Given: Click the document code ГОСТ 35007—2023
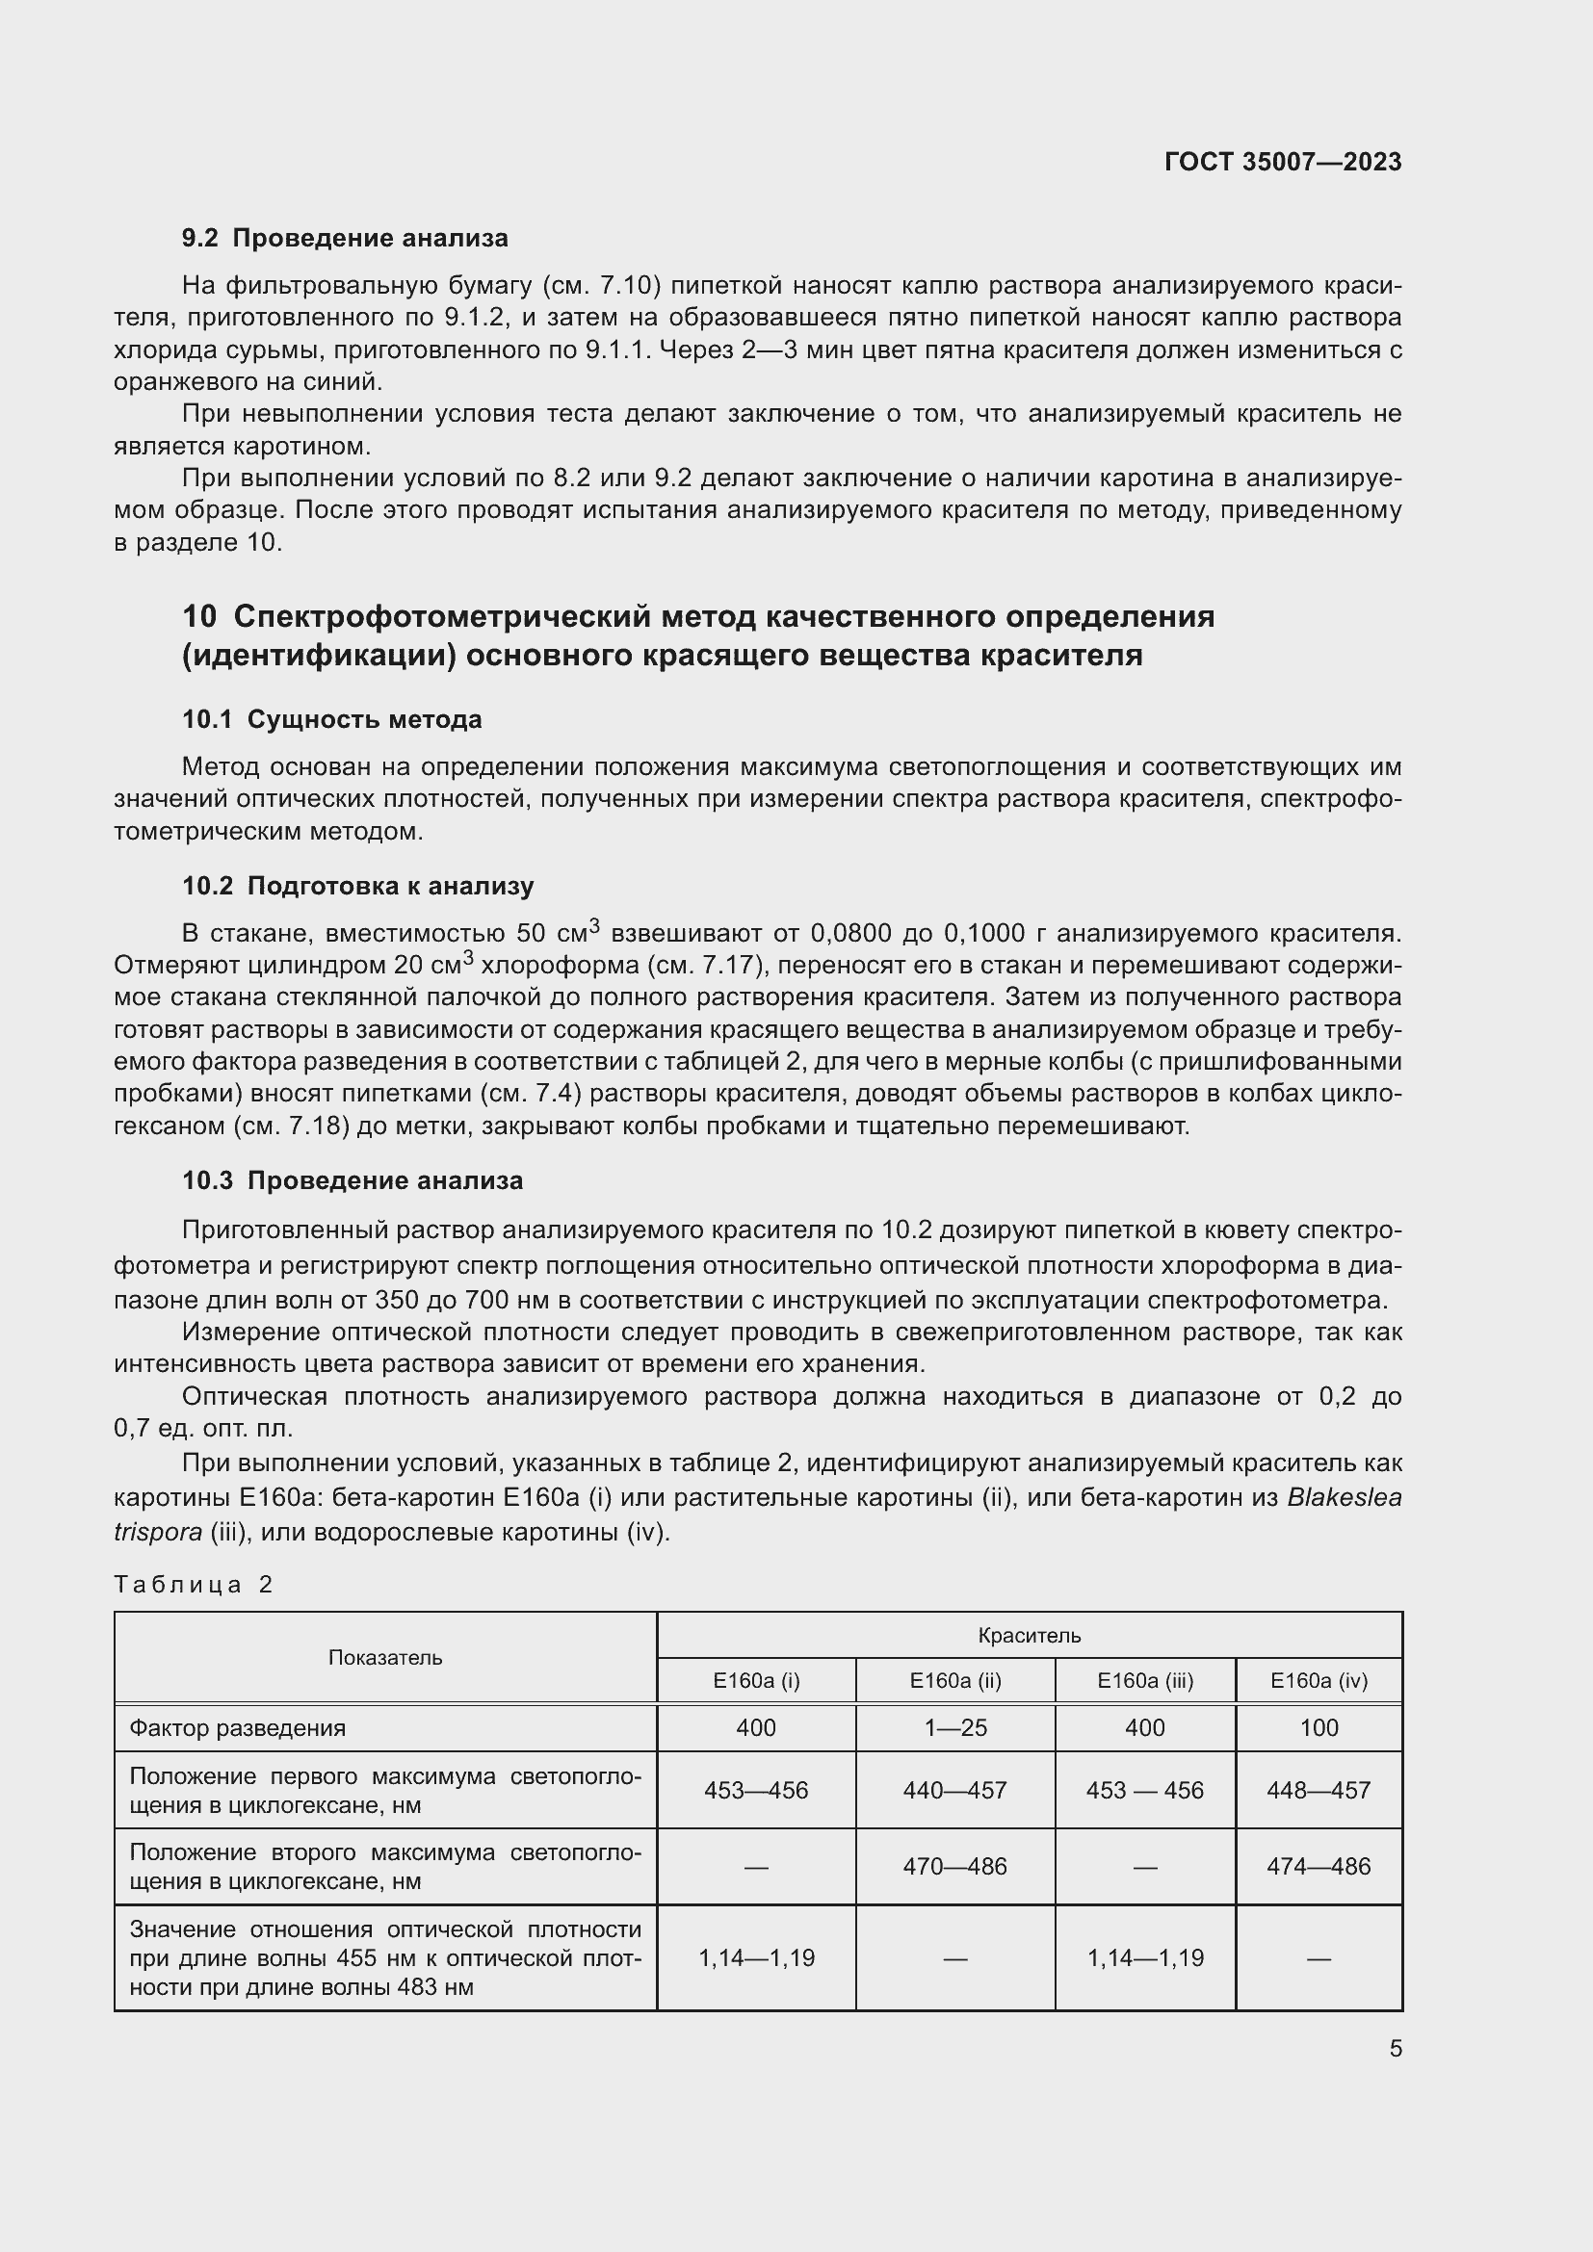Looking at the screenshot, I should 1282,162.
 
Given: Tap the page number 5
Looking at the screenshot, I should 1395,2048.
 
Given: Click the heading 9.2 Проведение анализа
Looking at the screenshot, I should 346,239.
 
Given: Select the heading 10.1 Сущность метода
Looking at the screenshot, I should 331,719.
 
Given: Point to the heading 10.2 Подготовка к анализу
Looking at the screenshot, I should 358,886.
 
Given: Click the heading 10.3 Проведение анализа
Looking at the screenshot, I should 353,1180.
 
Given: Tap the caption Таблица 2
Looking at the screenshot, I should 194,1584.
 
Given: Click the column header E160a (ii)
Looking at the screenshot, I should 954,1680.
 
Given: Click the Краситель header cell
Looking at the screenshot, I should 1029,1635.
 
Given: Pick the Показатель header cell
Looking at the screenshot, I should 384,1658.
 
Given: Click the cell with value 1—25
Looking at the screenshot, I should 954,1727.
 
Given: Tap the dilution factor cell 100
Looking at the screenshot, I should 1319,1727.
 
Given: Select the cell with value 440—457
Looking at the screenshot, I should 954,1790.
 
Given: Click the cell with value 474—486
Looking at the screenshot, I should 1319,1866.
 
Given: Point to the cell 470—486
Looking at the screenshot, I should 954,1866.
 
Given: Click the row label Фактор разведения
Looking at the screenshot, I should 237,1727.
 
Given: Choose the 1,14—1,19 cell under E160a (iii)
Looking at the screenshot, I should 1145,1957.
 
